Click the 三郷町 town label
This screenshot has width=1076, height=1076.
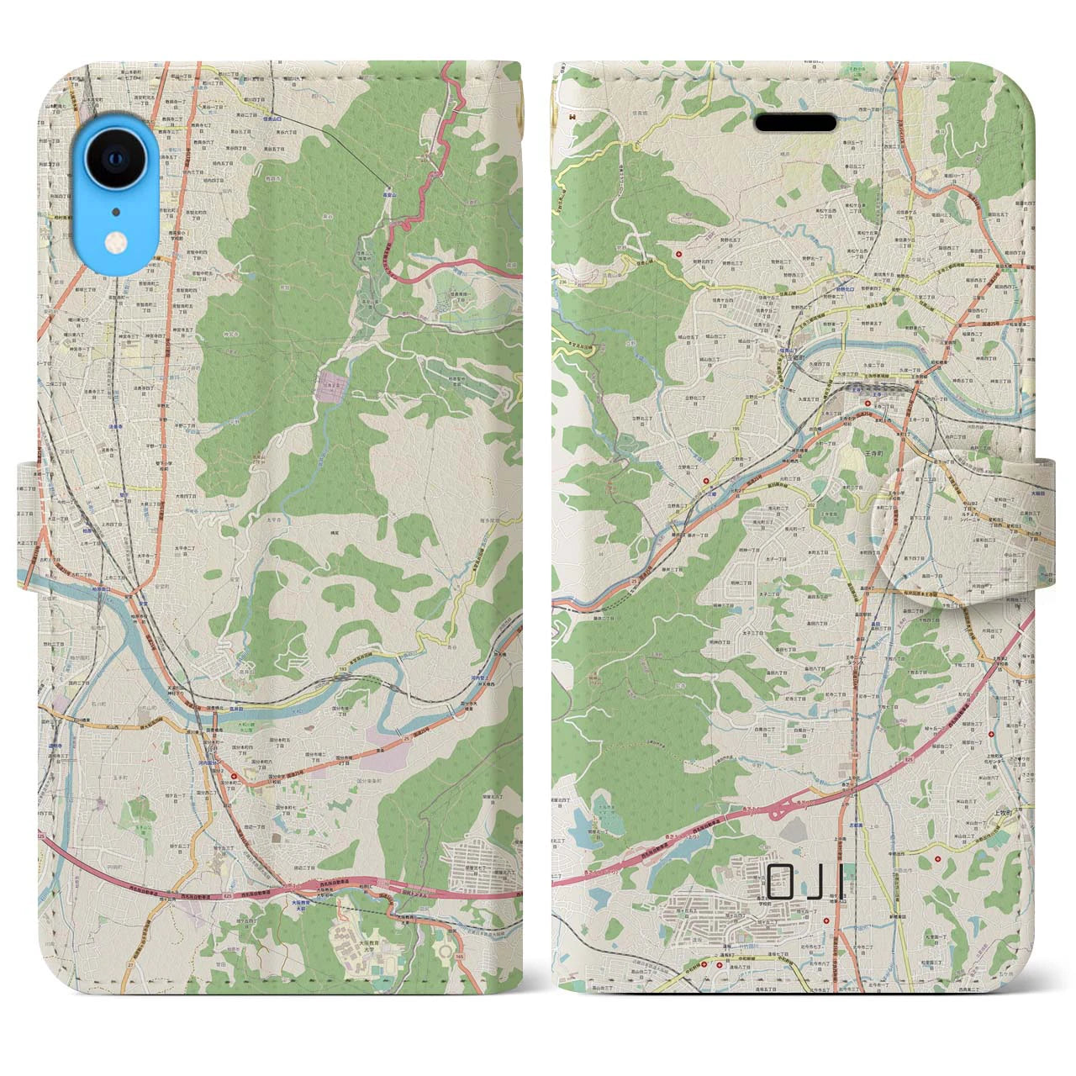[797, 356]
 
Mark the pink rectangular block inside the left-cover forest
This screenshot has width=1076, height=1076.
[330, 387]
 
